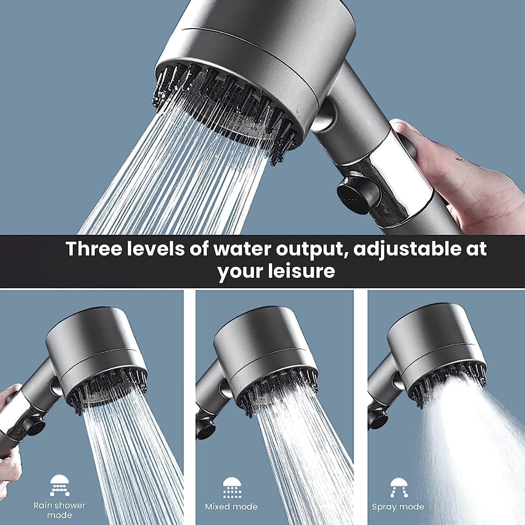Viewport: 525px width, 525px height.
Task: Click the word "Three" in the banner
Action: click(94, 248)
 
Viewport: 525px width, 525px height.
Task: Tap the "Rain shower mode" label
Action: click(59, 510)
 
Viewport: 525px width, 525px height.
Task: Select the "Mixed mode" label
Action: click(231, 506)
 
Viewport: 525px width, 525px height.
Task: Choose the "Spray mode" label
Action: click(398, 507)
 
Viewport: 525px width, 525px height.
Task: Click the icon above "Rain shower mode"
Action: click(60, 485)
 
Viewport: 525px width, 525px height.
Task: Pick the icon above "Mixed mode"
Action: click(231, 487)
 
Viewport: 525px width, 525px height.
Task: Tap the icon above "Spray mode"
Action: click(398, 487)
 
